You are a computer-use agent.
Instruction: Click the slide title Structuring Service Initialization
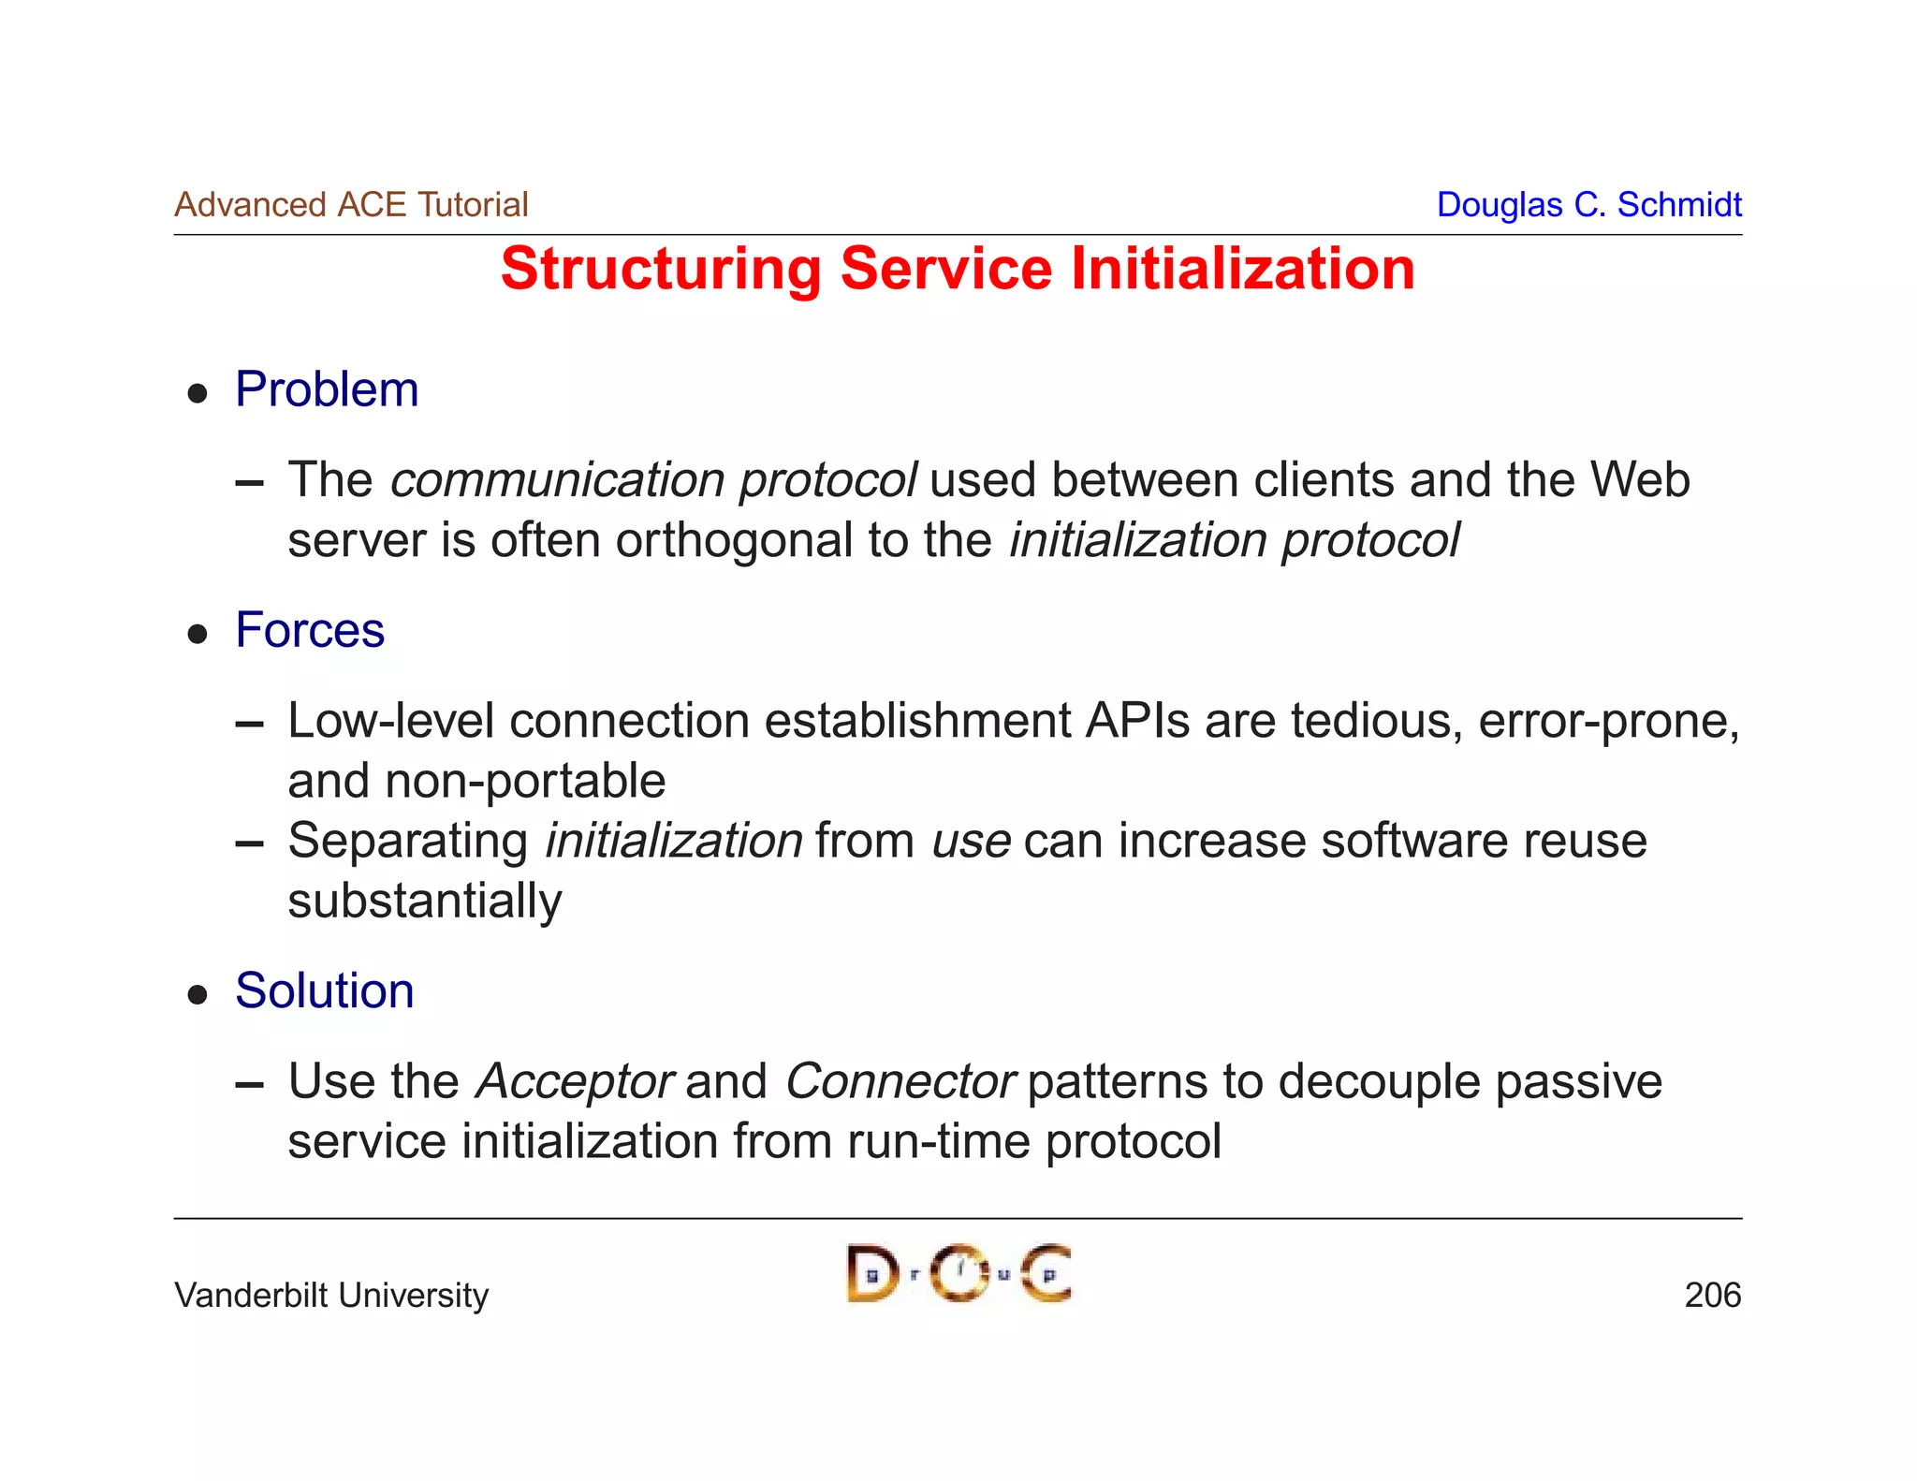point(957,270)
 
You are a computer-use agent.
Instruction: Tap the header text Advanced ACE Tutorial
point(351,205)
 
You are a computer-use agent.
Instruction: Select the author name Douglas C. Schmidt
point(1588,205)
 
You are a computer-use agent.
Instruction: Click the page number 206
point(1712,1296)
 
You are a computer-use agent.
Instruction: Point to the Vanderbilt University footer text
point(331,1296)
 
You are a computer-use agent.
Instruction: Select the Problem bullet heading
point(327,389)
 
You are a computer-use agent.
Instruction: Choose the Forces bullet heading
point(310,630)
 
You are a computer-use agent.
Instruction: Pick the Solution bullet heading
point(324,990)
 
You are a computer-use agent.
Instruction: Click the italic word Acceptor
point(574,1082)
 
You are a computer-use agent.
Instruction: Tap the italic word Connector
point(900,1082)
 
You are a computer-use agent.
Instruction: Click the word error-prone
point(1608,721)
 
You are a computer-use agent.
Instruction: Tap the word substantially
point(424,902)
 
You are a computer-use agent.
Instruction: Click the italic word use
point(971,842)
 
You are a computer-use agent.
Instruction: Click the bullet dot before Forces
point(197,635)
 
